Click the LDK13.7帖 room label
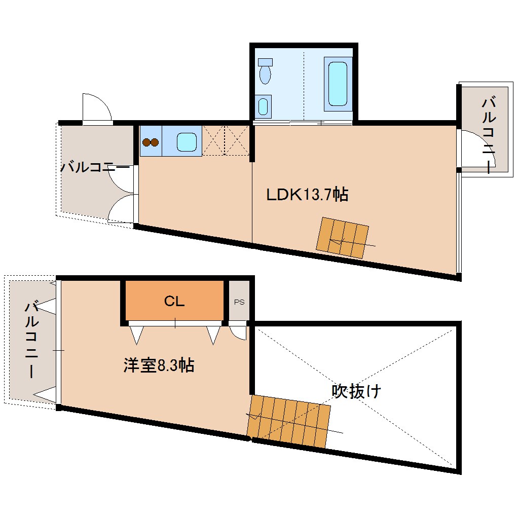tap(307, 194)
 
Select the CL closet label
tap(174, 302)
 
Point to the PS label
tap(239, 302)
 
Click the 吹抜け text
tap(356, 391)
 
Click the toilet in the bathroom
tap(265, 72)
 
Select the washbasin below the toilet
tap(263, 106)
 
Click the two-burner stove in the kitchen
tap(150, 142)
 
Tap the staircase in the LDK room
tap(342, 237)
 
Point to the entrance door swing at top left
tap(96, 107)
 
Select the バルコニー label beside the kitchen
tap(95, 167)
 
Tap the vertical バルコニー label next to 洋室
tap(32, 339)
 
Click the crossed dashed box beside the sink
tap(226, 141)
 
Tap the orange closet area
tap(174, 302)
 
